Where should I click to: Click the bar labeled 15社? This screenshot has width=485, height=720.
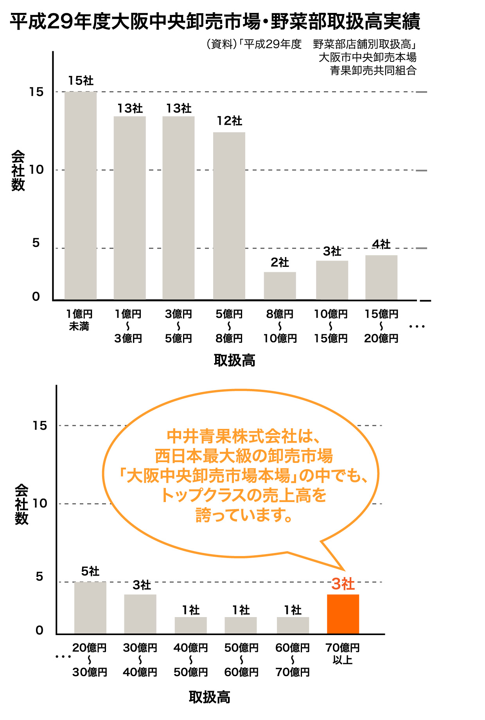[x=81, y=196]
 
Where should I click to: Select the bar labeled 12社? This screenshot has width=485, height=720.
[x=229, y=216]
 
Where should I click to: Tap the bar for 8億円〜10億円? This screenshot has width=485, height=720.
[x=280, y=286]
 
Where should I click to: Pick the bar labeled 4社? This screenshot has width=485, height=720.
[x=381, y=277]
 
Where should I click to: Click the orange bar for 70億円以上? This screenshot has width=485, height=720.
[x=343, y=614]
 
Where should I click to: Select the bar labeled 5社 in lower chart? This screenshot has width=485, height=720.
[x=90, y=608]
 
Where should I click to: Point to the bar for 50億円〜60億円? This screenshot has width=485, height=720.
[x=241, y=625]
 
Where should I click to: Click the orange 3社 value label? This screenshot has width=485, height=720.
[x=343, y=584]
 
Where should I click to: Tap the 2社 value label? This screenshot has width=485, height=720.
[x=280, y=262]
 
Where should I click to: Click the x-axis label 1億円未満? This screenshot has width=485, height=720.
[x=79, y=320]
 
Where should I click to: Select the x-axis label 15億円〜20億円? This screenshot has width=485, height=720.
[x=381, y=326]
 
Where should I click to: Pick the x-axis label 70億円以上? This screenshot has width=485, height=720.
[x=343, y=653]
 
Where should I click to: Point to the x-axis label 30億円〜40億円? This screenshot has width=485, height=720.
[x=140, y=660]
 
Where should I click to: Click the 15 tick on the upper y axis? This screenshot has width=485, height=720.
[x=36, y=92]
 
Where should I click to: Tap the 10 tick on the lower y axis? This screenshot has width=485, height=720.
[x=40, y=503]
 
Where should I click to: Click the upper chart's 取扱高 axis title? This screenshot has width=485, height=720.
[x=235, y=360]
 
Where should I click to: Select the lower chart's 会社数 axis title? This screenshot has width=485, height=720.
[x=22, y=504]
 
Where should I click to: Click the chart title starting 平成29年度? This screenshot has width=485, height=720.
[x=215, y=22]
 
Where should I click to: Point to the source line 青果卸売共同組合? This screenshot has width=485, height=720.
[x=373, y=70]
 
